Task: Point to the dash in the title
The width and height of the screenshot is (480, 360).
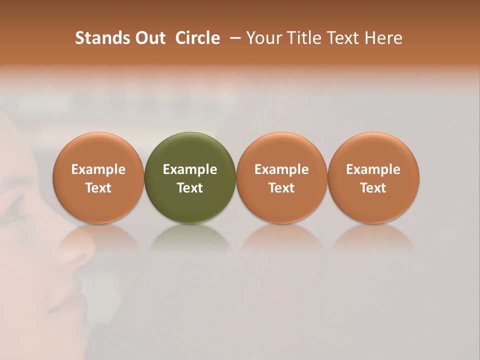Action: point(233,38)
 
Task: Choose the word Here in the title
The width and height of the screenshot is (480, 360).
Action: point(384,38)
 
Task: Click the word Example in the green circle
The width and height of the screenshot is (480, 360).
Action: point(190,169)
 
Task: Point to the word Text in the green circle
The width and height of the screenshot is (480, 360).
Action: point(190,188)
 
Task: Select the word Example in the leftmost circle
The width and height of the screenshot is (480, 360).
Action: point(98,169)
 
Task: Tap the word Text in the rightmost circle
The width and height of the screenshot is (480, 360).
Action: point(373,188)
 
